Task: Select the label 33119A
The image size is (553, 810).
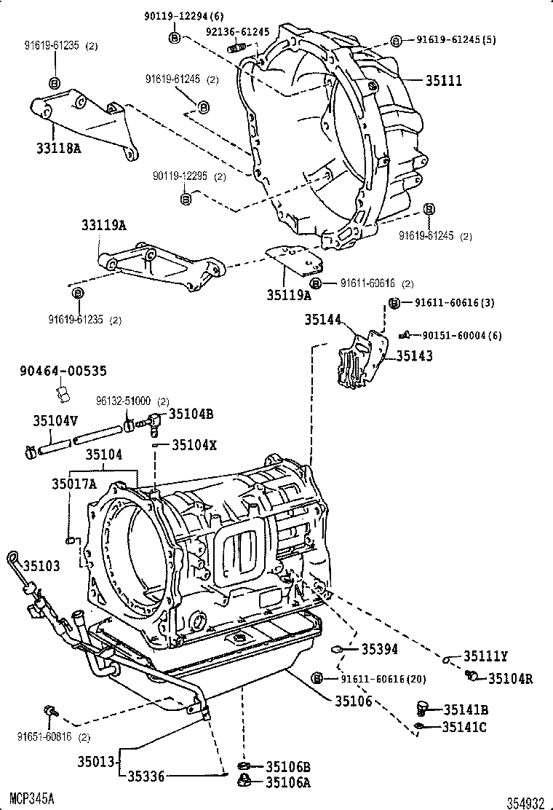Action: (103, 227)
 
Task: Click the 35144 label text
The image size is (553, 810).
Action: (323, 318)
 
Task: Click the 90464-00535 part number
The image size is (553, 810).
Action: (63, 371)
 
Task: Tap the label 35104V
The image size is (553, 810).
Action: (55, 420)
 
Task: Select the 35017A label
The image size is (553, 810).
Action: (73, 481)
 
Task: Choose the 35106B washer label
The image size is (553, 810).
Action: (288, 766)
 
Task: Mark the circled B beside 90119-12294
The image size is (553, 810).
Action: (174, 37)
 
